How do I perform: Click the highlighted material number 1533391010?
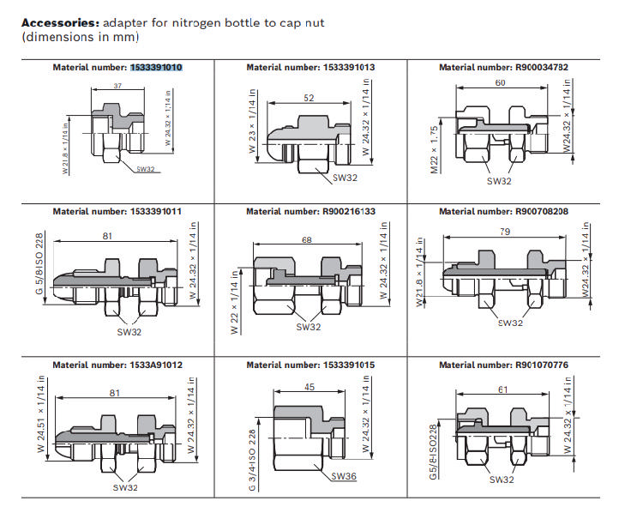click(x=156, y=67)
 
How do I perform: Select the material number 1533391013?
click(x=349, y=67)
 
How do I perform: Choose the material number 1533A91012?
click(x=156, y=365)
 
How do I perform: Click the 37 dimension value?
click(x=117, y=86)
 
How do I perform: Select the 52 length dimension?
click(x=309, y=99)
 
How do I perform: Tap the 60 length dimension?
click(x=500, y=82)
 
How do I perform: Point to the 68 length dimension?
click(x=306, y=240)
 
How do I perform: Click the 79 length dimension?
click(x=505, y=231)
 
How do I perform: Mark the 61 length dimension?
click(x=502, y=390)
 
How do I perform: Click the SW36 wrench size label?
click(x=344, y=475)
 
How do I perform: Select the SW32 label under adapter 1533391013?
click(x=345, y=178)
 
